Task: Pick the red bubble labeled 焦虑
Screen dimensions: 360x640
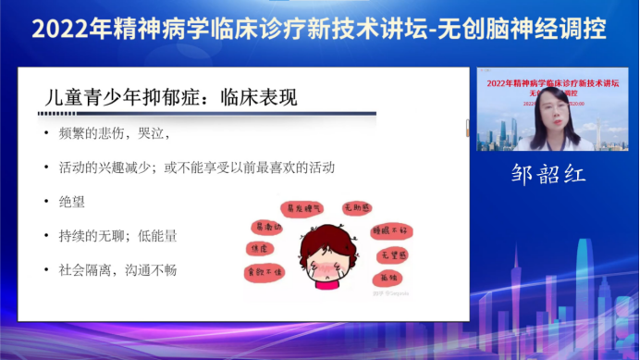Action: tap(257, 250)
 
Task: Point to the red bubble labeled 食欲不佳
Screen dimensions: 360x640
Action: tap(264, 272)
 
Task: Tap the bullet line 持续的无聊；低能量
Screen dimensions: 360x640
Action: tap(116, 235)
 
